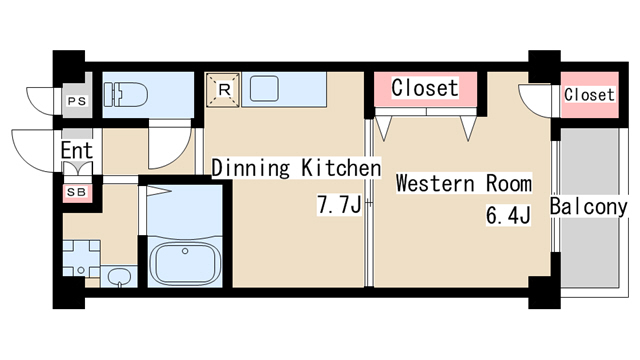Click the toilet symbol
pyautogui.click(x=126, y=95)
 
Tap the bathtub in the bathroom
pyautogui.click(x=185, y=263)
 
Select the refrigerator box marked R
pyautogui.click(x=223, y=90)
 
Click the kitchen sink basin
pyautogui.click(x=264, y=89)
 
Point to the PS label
pyautogui.click(x=77, y=101)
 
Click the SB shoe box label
pyautogui.click(x=77, y=192)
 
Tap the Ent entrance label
pyautogui.click(x=77, y=150)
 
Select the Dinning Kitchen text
pyautogui.click(x=296, y=167)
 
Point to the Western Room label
pyautogui.click(x=464, y=183)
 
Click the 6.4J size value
pyautogui.click(x=508, y=215)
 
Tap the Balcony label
pyautogui.click(x=588, y=207)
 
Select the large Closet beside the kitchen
pyautogui.click(x=425, y=88)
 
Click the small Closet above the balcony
pyautogui.click(x=589, y=95)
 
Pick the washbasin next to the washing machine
pyautogui.click(x=119, y=276)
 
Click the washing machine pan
pyautogui.click(x=81, y=258)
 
